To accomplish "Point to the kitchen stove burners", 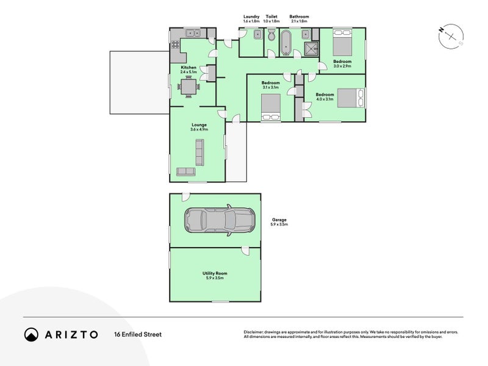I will (x=174, y=44).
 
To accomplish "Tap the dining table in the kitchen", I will (x=188, y=88).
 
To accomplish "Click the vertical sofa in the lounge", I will (x=199, y=152).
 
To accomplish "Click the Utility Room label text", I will (x=214, y=273).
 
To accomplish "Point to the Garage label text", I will (x=279, y=220).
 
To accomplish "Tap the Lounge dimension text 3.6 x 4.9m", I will (x=198, y=129).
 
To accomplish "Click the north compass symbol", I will (x=451, y=37).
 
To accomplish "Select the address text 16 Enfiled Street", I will (x=137, y=334).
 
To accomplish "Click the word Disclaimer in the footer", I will (x=254, y=332).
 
